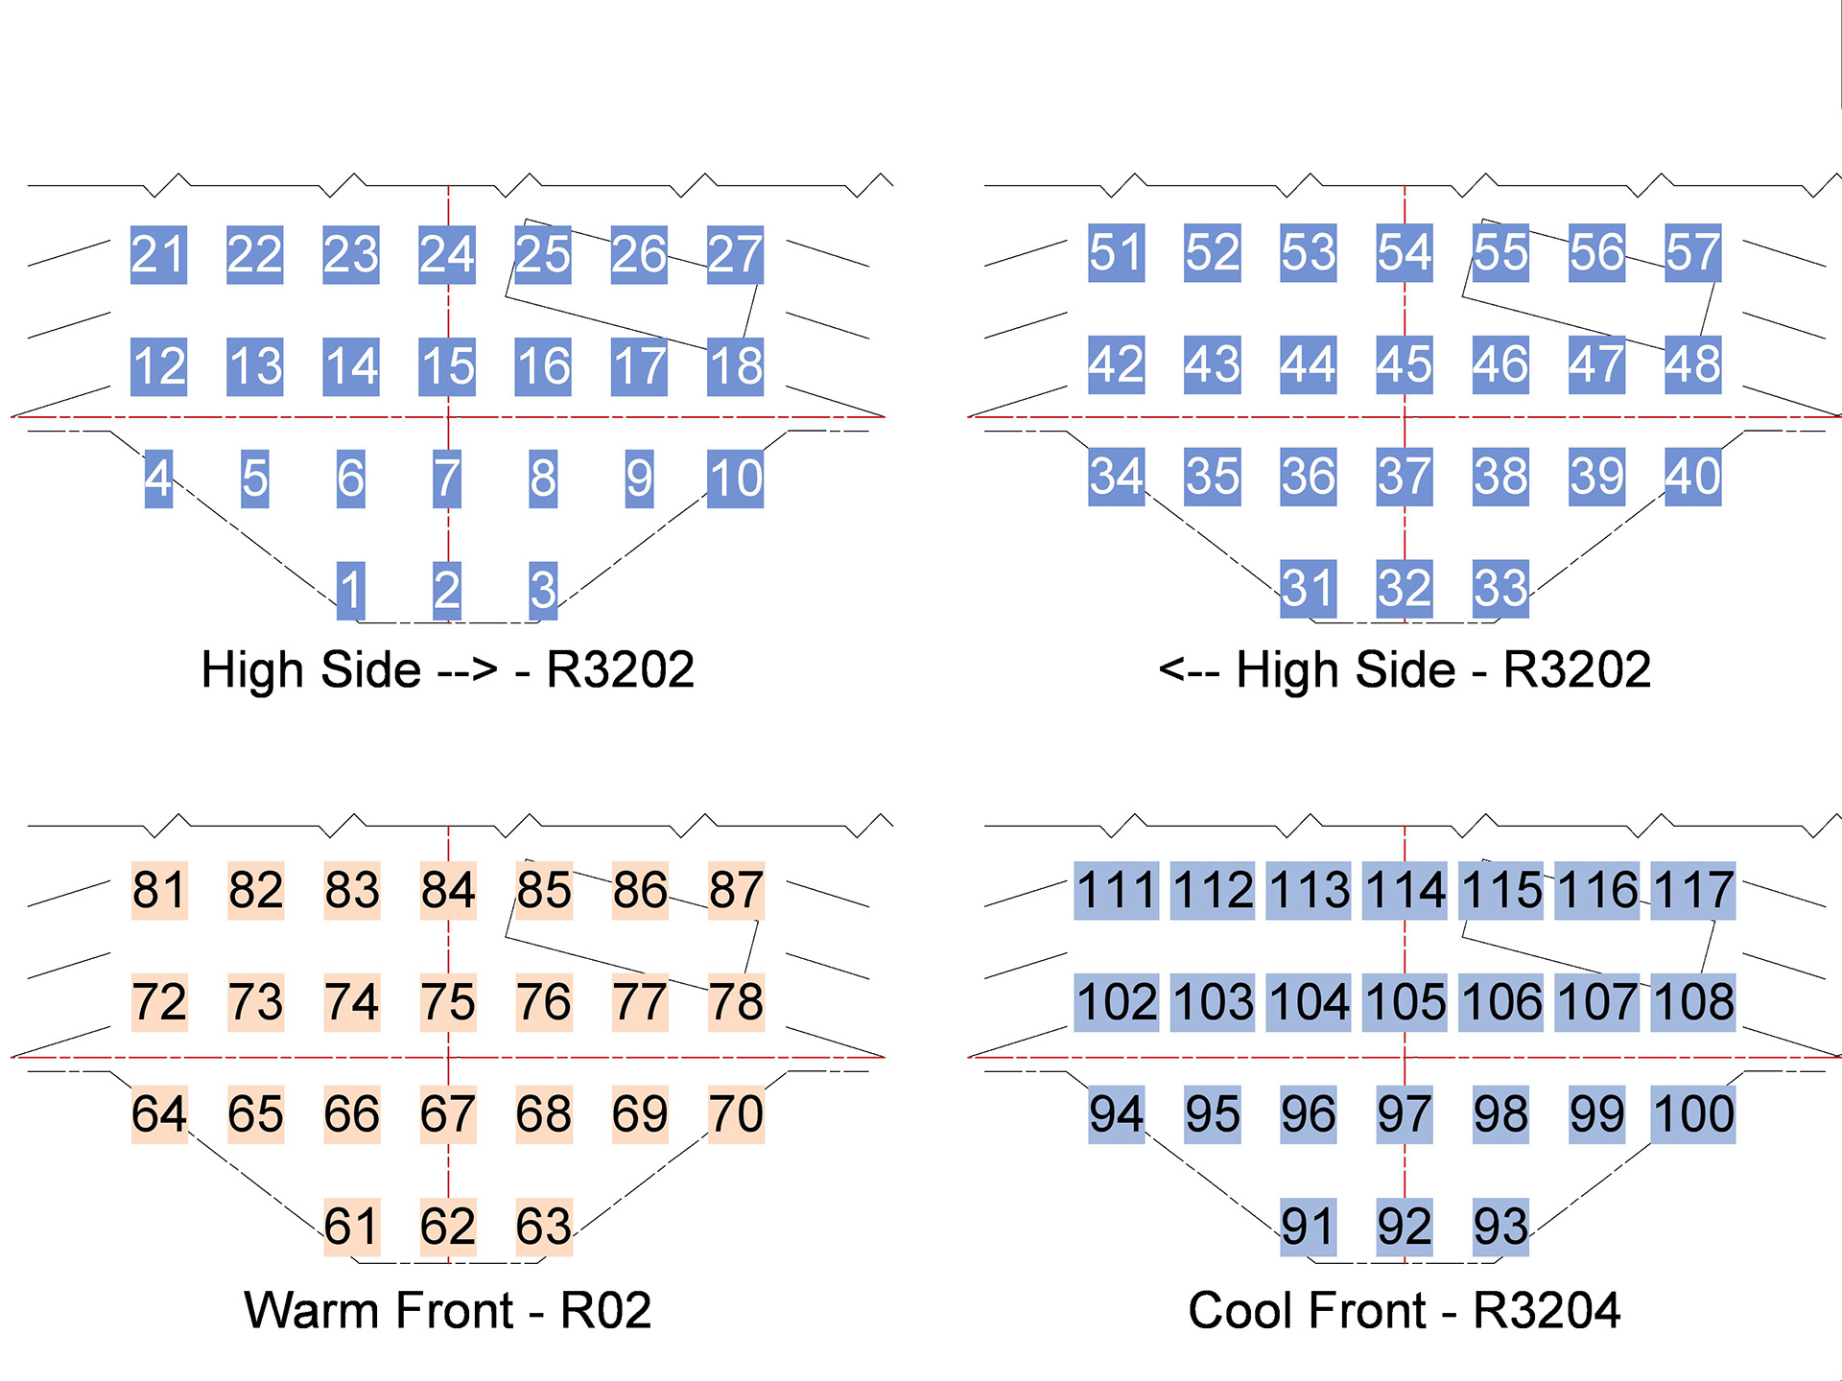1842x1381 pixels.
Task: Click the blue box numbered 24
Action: (447, 255)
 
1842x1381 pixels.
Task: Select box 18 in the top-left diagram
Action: (736, 366)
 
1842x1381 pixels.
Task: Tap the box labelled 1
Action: (351, 590)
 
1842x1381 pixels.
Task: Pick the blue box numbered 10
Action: (736, 479)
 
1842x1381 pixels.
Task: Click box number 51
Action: (1116, 253)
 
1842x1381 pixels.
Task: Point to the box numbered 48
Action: (1693, 364)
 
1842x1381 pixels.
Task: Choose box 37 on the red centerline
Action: (1405, 477)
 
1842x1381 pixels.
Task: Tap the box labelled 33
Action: (1501, 588)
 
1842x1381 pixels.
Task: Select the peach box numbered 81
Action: (159, 891)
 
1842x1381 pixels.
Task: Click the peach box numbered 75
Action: (448, 1003)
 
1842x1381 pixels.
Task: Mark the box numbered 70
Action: (736, 1114)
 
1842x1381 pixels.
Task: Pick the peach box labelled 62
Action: (448, 1227)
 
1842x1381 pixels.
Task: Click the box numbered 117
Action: (1693, 891)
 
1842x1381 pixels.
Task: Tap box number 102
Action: (1117, 1003)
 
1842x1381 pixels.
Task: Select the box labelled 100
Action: (1693, 1114)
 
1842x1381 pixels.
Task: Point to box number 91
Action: (1309, 1227)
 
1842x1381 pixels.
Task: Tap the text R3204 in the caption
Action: (1547, 1311)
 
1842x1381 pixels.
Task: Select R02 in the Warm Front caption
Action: (605, 1311)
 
